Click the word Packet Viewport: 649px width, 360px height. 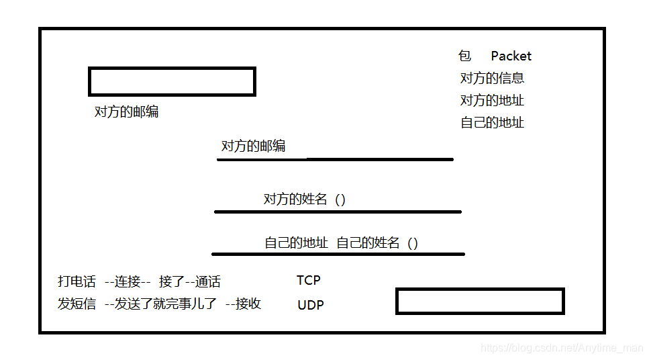[x=511, y=56]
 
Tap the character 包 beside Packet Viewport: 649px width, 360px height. [x=465, y=56]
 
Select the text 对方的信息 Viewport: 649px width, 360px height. [x=492, y=78]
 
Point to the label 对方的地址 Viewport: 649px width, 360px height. [x=492, y=100]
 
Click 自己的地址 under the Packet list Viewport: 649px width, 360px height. [x=492, y=122]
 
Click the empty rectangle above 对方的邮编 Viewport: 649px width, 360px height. [x=172, y=82]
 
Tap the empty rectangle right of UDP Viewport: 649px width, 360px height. [x=479, y=301]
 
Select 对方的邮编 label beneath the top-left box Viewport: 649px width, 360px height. [x=126, y=111]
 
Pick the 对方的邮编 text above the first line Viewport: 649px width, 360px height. [x=253, y=146]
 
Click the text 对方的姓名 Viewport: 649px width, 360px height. [x=295, y=199]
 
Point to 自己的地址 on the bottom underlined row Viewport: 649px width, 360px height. [x=296, y=242]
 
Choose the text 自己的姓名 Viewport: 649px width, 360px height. [x=368, y=242]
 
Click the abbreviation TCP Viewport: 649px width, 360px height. [x=309, y=280]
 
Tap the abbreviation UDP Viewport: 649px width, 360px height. [x=311, y=305]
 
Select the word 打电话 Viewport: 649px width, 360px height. [x=77, y=281]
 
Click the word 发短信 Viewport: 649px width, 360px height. [x=77, y=304]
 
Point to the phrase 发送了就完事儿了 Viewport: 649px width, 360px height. [x=166, y=304]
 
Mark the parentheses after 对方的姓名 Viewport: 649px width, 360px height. [x=340, y=199]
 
